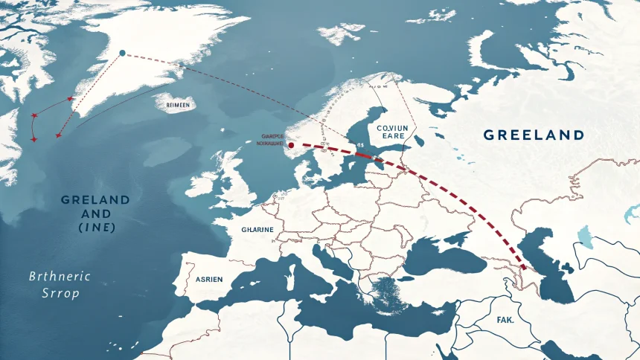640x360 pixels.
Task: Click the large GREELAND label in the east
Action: point(533,135)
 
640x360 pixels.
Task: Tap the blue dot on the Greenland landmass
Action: point(123,53)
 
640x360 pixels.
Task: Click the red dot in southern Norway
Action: point(291,146)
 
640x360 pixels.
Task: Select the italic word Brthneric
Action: point(59,276)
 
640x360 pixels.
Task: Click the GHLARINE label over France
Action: point(257,230)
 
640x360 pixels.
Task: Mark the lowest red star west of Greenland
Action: point(34,139)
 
